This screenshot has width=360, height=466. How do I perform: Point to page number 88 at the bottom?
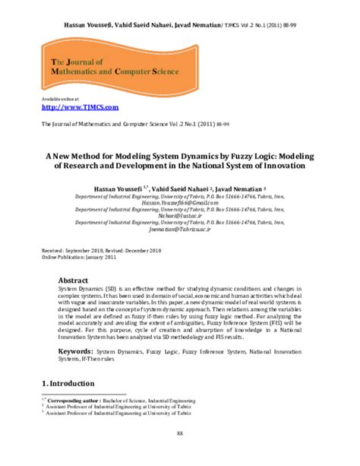180,433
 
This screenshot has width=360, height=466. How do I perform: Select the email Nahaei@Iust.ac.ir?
179,216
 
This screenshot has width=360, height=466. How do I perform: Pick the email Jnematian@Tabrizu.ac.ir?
179,227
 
